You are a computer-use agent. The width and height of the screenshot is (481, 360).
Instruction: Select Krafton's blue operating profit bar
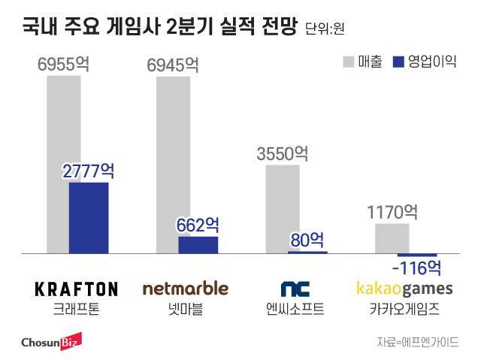(89, 218)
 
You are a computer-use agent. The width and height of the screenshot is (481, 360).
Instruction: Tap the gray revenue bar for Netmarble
(167, 150)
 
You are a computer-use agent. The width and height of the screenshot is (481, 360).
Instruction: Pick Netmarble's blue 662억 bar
(198, 245)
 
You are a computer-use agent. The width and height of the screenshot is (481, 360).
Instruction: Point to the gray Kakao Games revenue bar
(392, 238)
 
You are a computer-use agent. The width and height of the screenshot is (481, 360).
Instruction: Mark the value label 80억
(307, 241)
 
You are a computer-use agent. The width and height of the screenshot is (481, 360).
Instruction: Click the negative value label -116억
(416, 268)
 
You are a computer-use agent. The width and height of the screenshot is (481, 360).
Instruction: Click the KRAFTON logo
(77, 289)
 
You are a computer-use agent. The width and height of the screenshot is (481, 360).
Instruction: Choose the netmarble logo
(185, 289)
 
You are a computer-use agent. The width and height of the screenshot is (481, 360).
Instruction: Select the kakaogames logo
(404, 289)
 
